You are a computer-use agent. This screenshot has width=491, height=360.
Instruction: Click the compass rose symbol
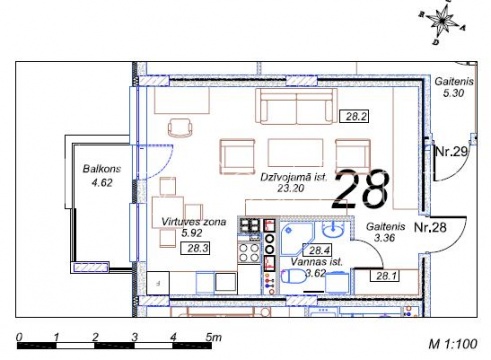pos(442,22)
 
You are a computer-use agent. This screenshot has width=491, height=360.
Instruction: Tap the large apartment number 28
pos(361,189)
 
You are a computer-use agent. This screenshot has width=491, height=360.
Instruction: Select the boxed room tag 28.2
pos(354,116)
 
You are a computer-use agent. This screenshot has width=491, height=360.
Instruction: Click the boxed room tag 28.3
pos(195,248)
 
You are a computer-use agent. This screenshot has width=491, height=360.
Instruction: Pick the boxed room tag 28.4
pos(317,250)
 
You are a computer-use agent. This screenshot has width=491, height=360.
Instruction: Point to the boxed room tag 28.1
pos(385,275)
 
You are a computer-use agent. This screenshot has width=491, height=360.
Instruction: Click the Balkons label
pos(102,169)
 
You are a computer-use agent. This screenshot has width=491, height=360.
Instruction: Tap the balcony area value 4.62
pos(102,183)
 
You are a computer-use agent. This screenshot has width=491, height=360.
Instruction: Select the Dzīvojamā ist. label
pos(294,177)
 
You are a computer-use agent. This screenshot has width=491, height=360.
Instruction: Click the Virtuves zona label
pos(194,222)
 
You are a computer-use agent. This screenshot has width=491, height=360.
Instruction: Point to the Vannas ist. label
pos(316,262)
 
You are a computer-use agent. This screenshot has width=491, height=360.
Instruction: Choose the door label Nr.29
pos(452,152)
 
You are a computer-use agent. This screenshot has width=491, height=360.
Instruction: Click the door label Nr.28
pos(430,227)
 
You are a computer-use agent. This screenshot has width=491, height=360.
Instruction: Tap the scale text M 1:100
pos(453,343)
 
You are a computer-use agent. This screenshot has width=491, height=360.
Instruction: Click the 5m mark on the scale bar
pos(213,337)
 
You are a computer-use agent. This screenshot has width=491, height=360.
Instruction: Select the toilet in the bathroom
pos(293,276)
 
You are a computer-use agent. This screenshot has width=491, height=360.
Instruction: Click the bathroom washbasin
pos(333,230)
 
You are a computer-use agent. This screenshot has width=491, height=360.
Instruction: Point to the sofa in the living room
pos(296,107)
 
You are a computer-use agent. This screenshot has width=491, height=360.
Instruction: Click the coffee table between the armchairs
pos(296,152)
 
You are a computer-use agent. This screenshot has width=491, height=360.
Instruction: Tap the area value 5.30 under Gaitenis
pos(453,93)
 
